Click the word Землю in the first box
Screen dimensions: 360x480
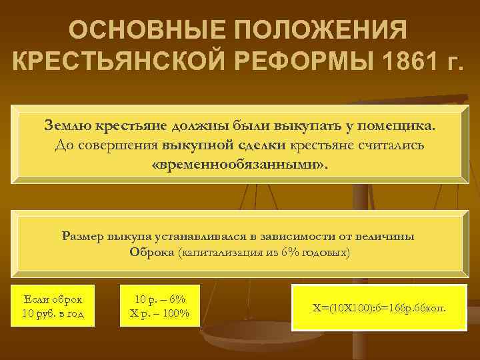pos(69,125)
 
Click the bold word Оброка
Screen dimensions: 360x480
pos(153,253)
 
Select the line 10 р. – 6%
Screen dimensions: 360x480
pos(159,297)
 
